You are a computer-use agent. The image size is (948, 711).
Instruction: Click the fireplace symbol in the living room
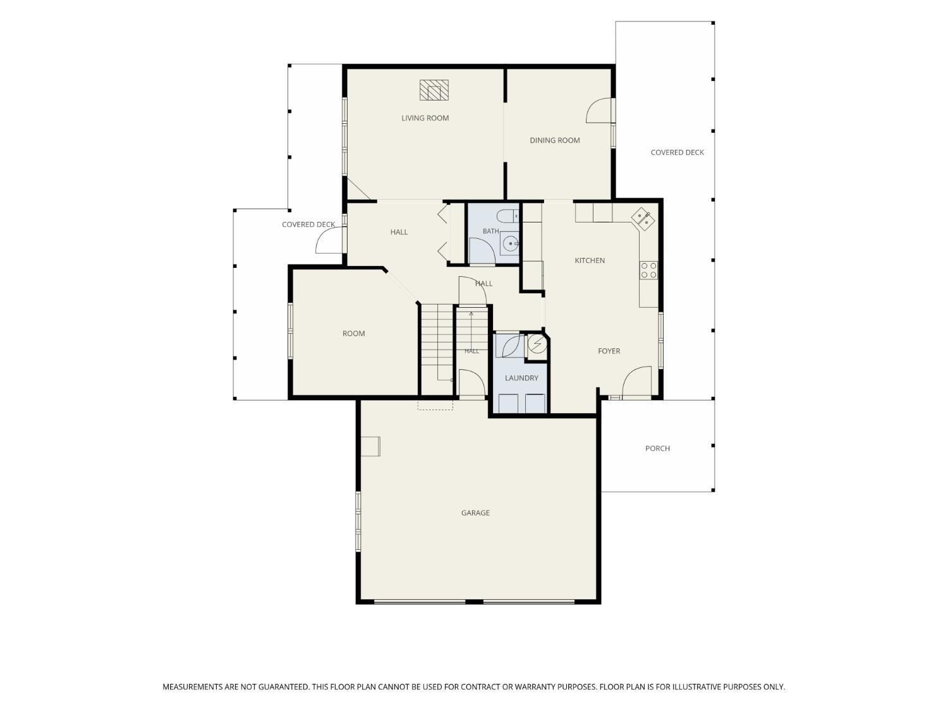point(434,90)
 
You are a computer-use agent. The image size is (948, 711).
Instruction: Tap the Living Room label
point(425,118)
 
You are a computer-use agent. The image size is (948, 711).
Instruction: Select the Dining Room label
point(554,140)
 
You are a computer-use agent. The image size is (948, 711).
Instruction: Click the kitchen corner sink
point(643,219)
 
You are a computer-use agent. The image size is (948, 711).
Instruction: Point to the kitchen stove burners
point(648,270)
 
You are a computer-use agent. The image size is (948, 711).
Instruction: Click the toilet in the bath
point(507,215)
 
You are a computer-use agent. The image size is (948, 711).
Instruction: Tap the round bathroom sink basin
point(510,244)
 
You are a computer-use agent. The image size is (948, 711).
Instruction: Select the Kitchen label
point(590,260)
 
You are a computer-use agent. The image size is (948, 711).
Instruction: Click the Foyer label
point(609,351)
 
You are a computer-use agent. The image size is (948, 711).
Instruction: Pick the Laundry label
point(521,378)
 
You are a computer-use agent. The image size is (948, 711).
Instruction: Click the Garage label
point(475,513)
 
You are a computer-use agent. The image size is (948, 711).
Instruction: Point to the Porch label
point(657,449)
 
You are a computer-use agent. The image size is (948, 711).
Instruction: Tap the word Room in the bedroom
point(353,333)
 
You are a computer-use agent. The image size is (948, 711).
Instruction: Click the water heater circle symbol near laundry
point(537,344)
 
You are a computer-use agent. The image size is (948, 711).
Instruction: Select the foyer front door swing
point(636,380)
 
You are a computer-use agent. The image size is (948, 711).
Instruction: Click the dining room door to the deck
point(599,111)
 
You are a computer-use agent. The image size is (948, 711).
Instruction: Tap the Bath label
point(490,231)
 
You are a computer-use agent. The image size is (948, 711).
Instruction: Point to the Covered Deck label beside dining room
point(677,152)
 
